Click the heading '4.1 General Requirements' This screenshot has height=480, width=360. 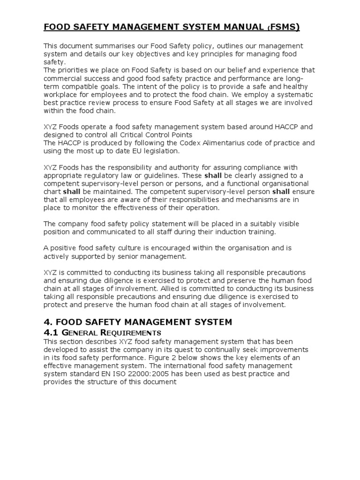coord(103,332)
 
